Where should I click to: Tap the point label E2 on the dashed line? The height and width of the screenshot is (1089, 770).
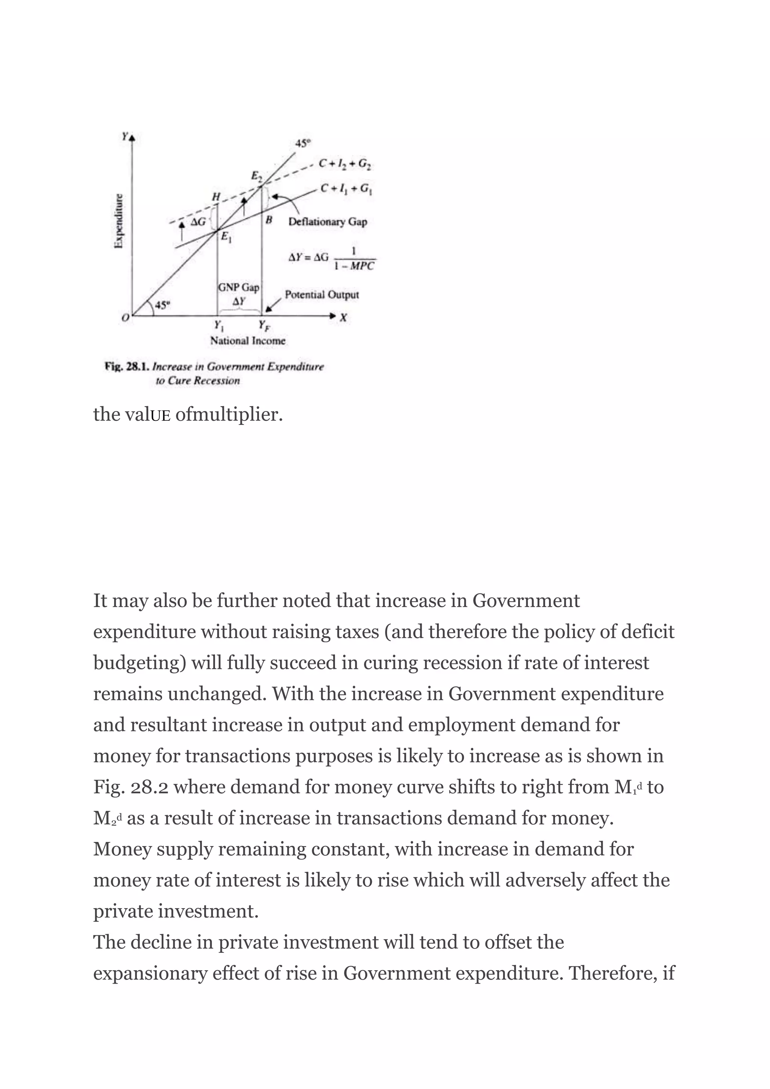256,177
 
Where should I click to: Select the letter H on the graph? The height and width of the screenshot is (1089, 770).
216,196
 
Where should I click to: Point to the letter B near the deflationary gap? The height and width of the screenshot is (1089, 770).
269,220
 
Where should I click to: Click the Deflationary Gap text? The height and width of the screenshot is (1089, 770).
327,222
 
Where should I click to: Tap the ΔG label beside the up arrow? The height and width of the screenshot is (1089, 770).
198,221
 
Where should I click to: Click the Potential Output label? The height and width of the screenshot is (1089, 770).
321,294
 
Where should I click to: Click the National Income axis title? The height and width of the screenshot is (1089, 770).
248,341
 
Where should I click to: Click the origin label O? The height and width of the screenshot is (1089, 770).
125,318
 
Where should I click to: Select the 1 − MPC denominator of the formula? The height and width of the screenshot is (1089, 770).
354,266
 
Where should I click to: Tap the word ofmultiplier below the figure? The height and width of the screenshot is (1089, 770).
229,414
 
